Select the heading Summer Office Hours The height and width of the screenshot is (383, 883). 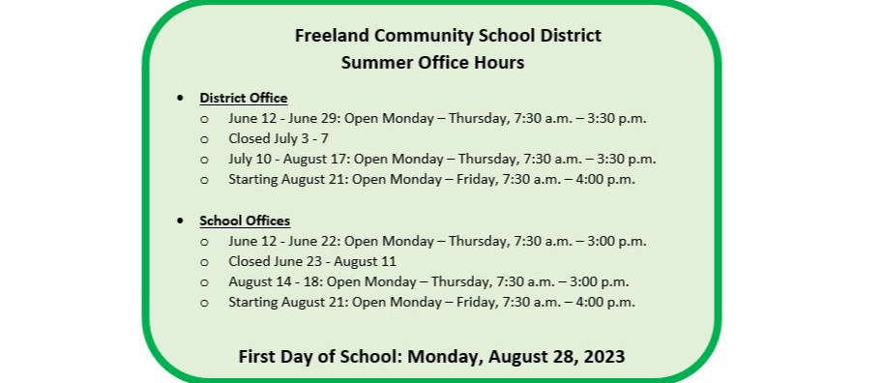click(432, 63)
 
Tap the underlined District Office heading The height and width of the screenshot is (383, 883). click(244, 98)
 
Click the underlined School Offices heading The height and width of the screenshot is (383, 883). click(245, 221)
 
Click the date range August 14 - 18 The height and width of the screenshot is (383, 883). click(276, 281)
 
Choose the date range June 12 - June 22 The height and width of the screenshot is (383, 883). click(284, 241)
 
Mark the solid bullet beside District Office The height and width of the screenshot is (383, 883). click(180, 99)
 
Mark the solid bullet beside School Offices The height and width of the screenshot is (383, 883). click(180, 221)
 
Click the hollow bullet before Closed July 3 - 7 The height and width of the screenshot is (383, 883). click(204, 139)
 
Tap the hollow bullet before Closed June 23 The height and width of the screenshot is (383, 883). click(204, 262)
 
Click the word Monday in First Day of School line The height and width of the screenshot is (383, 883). click(445, 356)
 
